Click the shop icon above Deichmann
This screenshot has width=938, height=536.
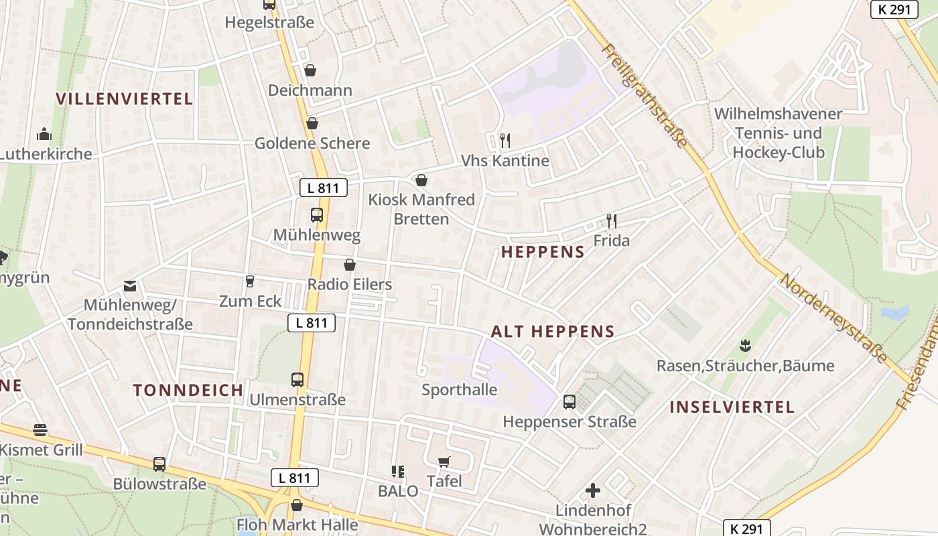pos(310,70)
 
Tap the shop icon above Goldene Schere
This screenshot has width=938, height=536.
pos(312,123)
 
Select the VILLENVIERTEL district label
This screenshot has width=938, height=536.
pos(124,99)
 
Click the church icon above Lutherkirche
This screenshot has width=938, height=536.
pos(44,134)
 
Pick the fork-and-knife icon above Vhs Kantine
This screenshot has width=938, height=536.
pos(505,141)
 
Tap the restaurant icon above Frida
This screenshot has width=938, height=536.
pos(611,220)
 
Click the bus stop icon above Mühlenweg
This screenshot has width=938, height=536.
pos(317,215)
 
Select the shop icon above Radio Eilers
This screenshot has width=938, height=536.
pos(349,265)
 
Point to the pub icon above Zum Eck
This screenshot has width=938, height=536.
pos(250,281)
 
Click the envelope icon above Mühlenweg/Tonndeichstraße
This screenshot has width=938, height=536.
pos(130,286)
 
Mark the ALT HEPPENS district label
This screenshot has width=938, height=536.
pos(553,332)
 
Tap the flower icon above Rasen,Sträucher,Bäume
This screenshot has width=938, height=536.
pos(744,346)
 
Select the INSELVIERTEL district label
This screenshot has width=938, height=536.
pos(732,407)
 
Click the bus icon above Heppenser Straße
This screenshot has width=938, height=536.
pos(569,402)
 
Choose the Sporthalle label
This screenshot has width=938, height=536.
pos(460,390)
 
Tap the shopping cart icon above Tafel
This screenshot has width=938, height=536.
pos(444,462)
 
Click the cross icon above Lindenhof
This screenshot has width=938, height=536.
pos(593,490)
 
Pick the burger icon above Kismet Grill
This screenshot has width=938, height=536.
pos(40,429)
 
